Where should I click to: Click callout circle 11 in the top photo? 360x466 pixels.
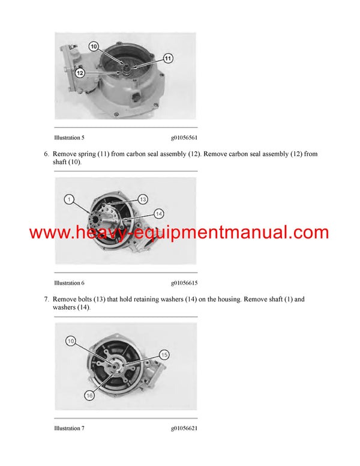tap(167, 58)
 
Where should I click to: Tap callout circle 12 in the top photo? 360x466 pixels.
tap(79, 73)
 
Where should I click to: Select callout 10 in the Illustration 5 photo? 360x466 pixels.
tap(94, 46)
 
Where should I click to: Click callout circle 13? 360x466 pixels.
tap(143, 199)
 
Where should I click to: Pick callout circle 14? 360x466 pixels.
tap(158, 213)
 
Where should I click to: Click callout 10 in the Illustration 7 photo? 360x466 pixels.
tap(70, 341)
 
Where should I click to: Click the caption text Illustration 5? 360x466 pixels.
tap(69, 137)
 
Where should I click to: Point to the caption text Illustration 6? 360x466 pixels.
tap(69, 283)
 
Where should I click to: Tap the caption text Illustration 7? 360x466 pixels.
tap(69, 428)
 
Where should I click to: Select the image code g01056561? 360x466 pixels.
tap(184, 137)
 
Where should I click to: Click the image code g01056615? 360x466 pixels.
tap(184, 283)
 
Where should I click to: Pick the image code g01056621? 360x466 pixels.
tap(184, 428)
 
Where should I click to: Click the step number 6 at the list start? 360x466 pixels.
tap(46, 154)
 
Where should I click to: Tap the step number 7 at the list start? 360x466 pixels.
tap(46, 299)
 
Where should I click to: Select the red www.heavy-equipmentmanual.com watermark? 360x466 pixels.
tap(179, 233)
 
